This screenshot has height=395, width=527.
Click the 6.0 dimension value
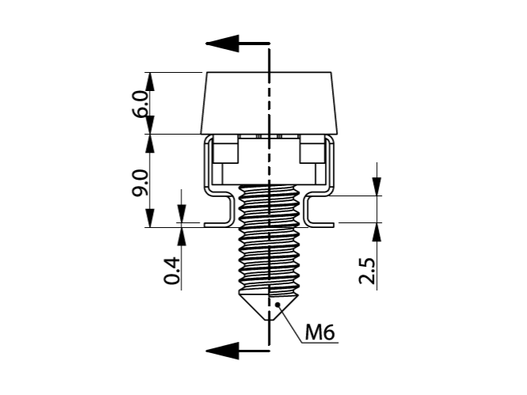140,104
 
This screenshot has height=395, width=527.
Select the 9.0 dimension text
140,183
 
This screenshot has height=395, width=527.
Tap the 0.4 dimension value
171,271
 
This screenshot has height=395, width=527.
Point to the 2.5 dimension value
367,271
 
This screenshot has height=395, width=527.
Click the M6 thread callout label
320,333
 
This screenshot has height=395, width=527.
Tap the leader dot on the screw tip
277,305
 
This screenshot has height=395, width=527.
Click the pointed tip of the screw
269,320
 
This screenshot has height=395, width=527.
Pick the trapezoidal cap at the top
269,104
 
